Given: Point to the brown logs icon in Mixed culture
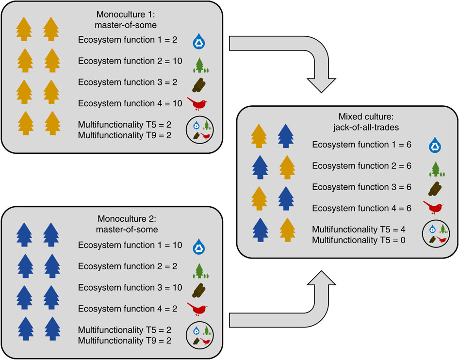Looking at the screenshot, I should [433, 188].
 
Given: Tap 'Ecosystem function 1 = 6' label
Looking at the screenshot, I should [362, 144].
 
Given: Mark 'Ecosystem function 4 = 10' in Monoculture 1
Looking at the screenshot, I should [130, 103].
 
